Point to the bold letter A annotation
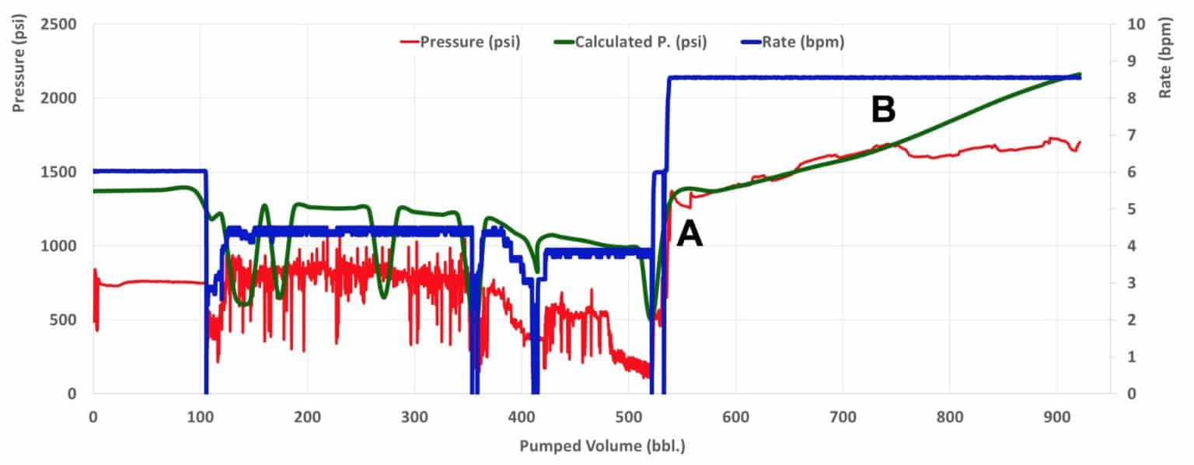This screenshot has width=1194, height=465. [690, 234]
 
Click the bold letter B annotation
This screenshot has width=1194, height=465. [883, 111]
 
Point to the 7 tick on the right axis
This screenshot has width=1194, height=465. [1125, 135]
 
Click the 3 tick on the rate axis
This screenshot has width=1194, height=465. [1125, 283]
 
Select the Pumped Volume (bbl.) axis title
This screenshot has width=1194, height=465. [602, 447]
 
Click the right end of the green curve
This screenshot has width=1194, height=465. [1081, 75]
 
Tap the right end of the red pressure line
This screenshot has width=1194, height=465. [1081, 142]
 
